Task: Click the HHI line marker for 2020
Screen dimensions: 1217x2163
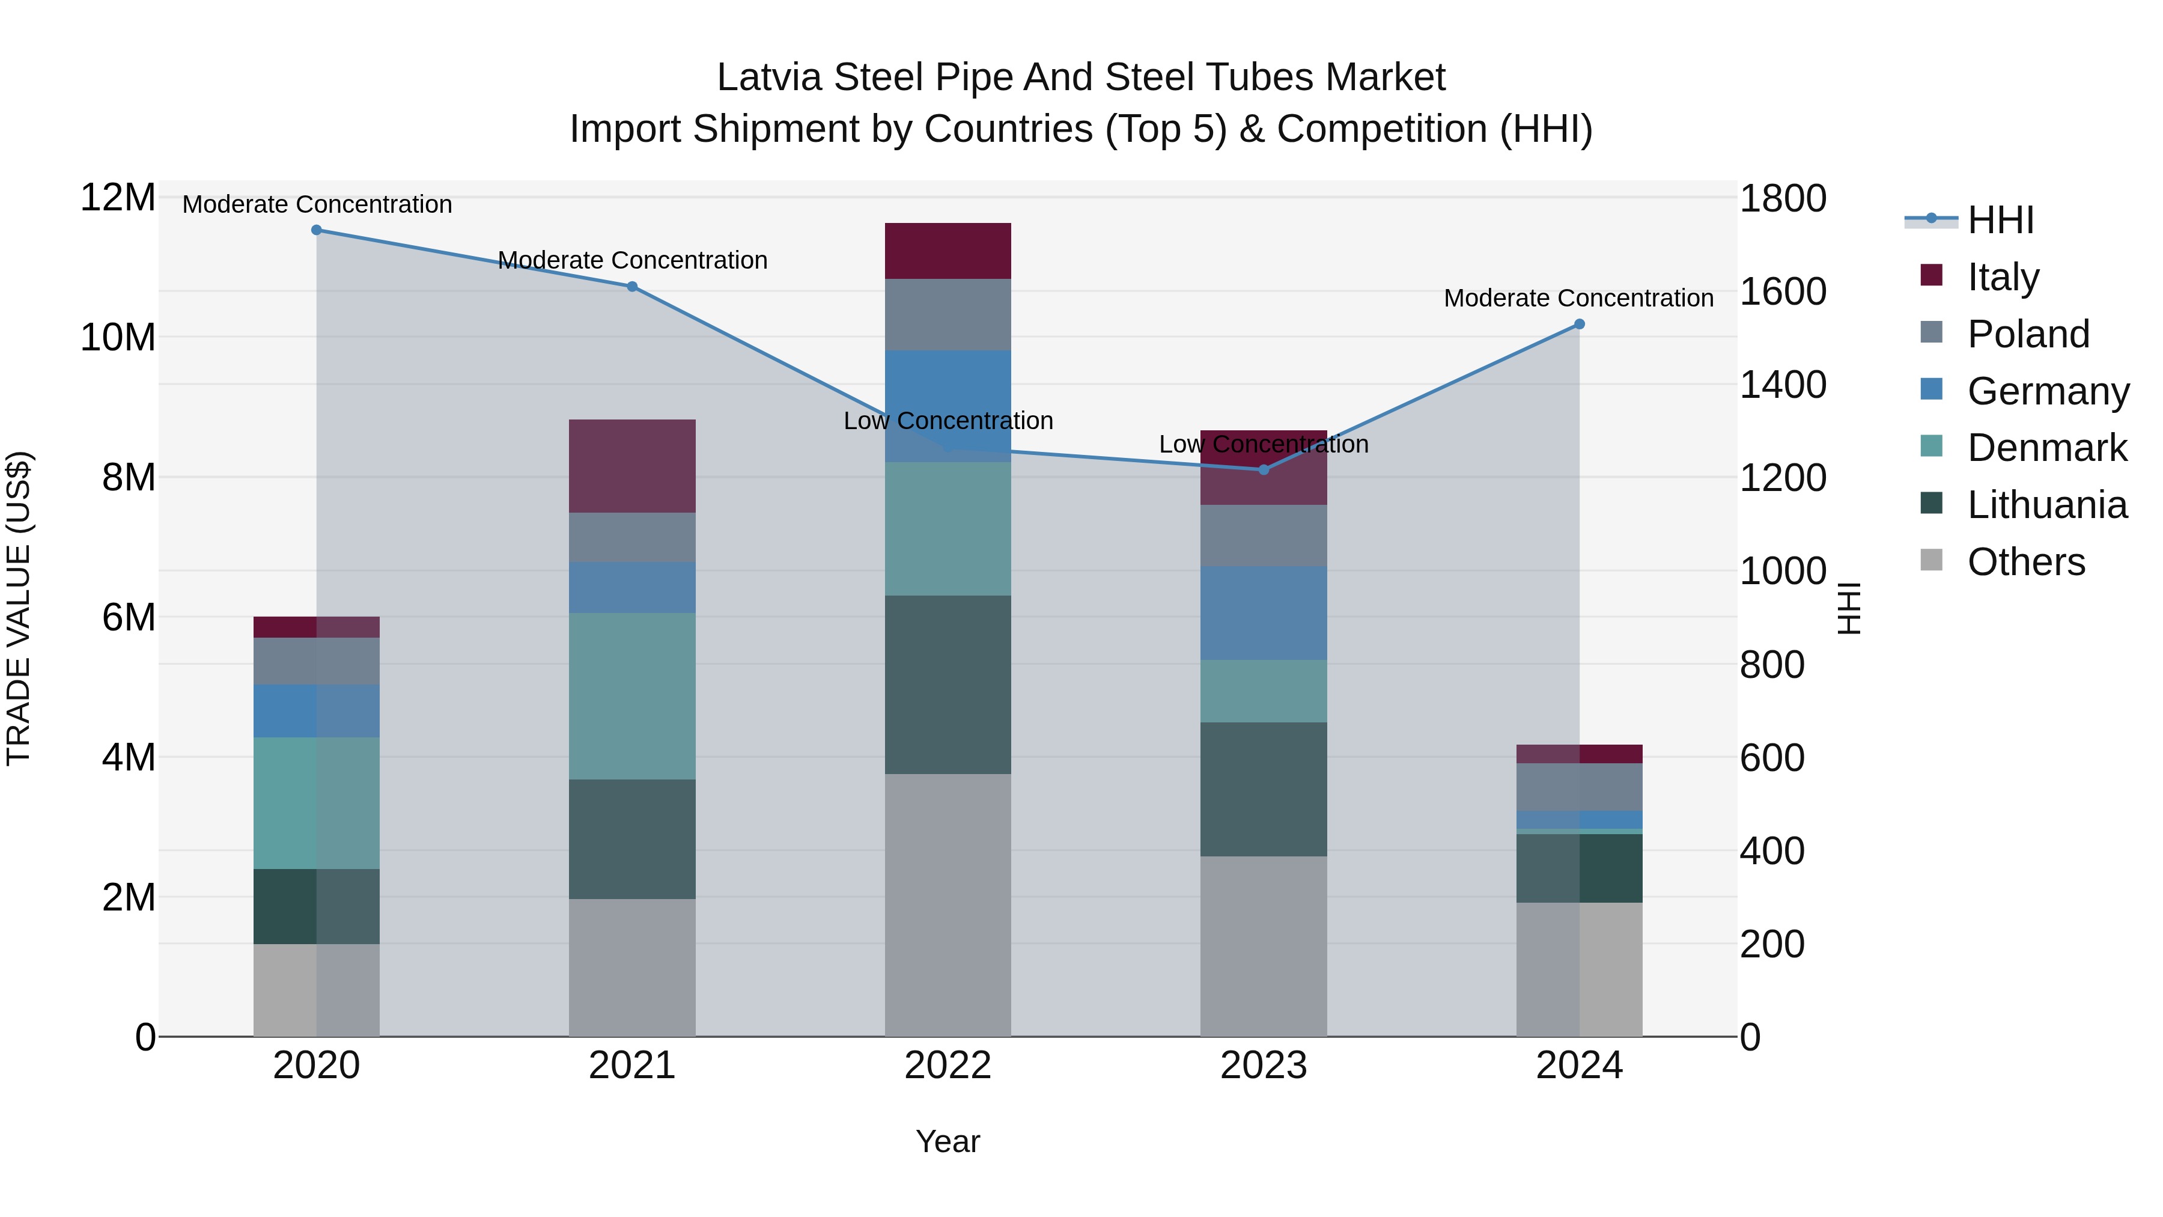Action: (317, 230)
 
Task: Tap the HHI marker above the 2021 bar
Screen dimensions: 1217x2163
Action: (632, 287)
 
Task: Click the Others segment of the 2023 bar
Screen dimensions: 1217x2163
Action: (1263, 946)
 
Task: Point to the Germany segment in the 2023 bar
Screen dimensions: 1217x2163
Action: (1263, 612)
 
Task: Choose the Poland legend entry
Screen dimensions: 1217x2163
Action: (2027, 334)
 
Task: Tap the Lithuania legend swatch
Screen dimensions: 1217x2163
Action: (1931, 504)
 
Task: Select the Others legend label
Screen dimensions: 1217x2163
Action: (2025, 562)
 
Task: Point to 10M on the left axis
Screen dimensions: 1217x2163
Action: (118, 338)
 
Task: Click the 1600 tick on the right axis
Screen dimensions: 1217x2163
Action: (1782, 292)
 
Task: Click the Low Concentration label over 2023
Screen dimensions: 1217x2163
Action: (1263, 444)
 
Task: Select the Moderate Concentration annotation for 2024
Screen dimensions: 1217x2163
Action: (1578, 298)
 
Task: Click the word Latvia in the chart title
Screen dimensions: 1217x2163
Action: (768, 78)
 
